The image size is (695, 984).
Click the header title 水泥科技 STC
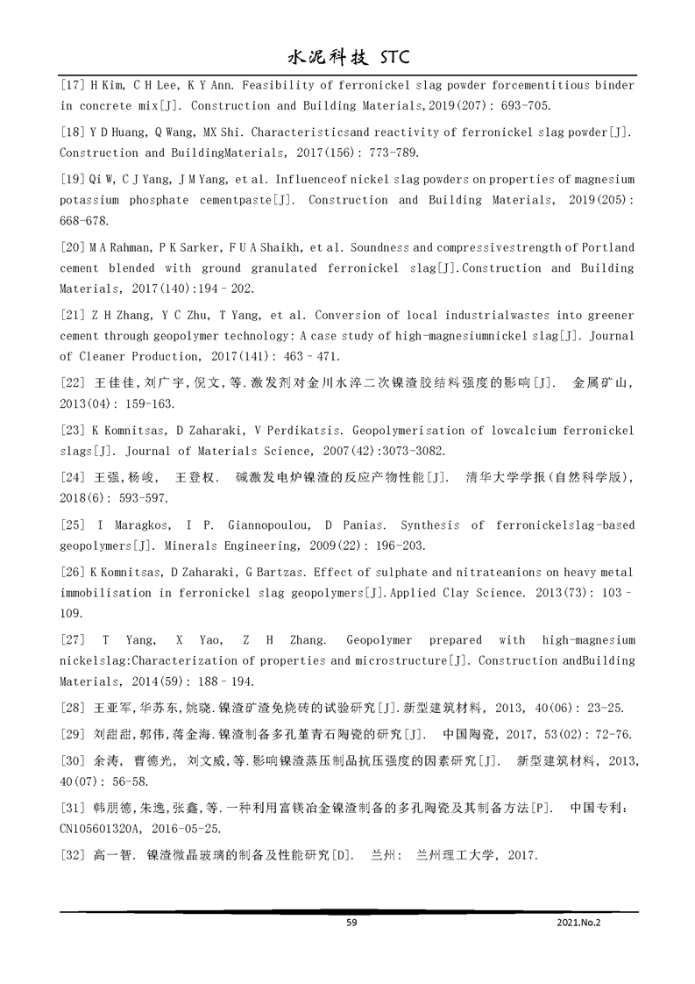(349, 58)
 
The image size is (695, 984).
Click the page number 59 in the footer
(351, 922)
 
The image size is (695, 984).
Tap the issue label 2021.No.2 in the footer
(578, 922)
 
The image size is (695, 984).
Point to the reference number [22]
(72, 383)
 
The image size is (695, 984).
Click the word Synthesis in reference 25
(429, 525)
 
